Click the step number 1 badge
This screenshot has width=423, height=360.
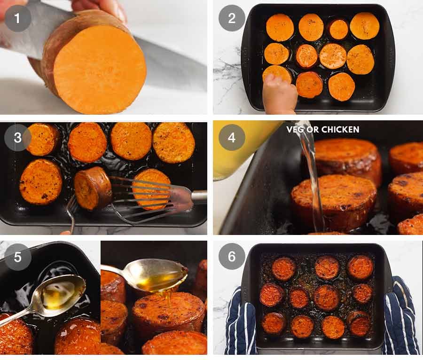tap(18, 18)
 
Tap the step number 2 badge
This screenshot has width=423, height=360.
tap(232, 18)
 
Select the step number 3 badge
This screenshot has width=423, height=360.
tap(18, 138)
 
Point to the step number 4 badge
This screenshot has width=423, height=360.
tap(232, 138)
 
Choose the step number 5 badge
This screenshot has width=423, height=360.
tap(18, 257)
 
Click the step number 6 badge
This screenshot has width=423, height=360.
tap(232, 257)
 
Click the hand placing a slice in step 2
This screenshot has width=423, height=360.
tap(280, 96)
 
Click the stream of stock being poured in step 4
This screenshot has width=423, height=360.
tap(313, 179)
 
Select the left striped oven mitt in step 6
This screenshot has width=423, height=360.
tap(240, 324)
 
